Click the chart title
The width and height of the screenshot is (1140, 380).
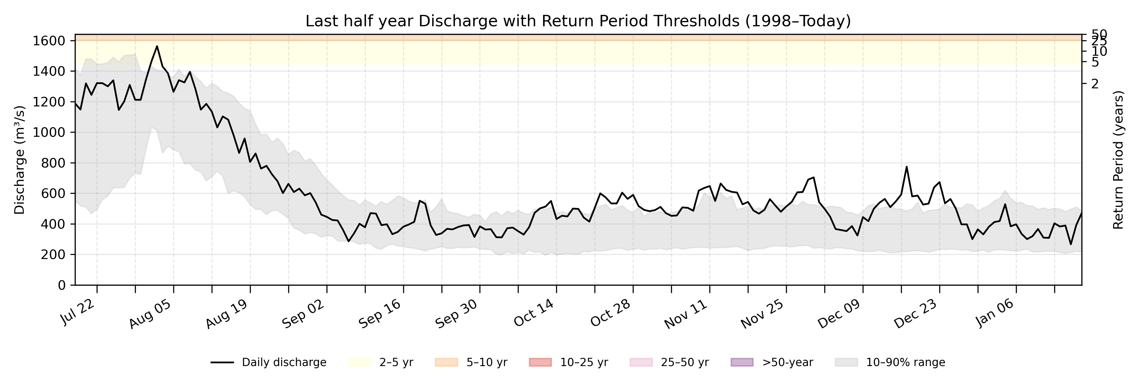[x=578, y=21]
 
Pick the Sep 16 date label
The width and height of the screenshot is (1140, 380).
[x=379, y=313]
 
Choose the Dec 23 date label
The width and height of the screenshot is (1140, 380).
[x=915, y=313]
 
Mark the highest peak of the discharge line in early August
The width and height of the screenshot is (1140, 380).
[x=157, y=46]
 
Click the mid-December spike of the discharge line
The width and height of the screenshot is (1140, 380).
[x=906, y=167]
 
